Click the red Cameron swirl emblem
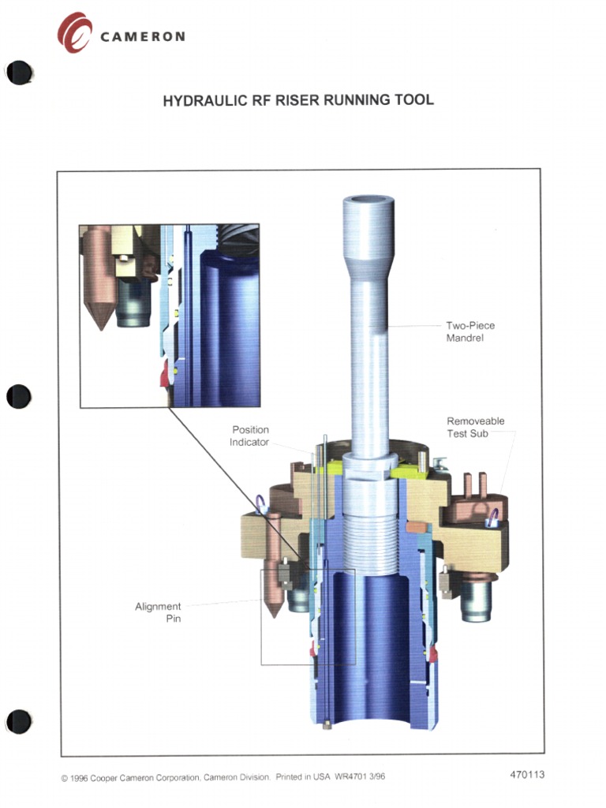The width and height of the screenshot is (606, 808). point(74,32)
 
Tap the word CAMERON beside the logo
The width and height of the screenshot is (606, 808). point(143,36)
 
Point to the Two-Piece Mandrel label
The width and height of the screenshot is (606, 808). point(470,331)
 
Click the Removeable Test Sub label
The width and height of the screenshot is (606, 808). point(475,428)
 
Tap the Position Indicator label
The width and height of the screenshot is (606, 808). point(249,436)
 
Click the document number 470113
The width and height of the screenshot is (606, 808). point(527,774)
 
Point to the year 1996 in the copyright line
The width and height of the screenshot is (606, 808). point(79,777)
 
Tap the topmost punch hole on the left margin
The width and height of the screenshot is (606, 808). point(19,73)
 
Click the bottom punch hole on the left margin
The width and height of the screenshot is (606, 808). point(19,720)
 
